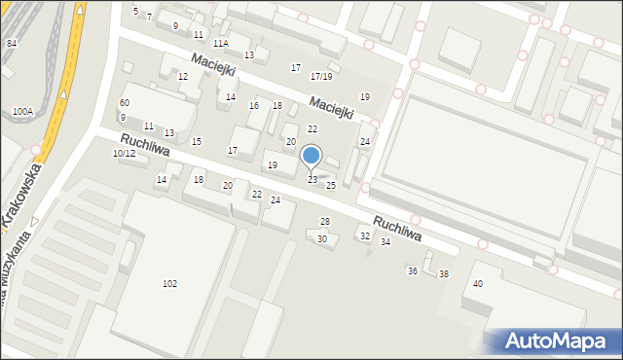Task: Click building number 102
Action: pyautogui.click(x=169, y=284)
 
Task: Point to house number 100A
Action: pyautogui.click(x=23, y=112)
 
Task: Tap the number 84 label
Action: pyautogui.click(x=12, y=44)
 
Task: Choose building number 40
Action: pyautogui.click(x=477, y=283)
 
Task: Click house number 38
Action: pyautogui.click(x=444, y=274)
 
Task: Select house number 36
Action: pyautogui.click(x=413, y=270)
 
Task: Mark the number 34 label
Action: pyautogui.click(x=385, y=241)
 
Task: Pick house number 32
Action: pyautogui.click(x=365, y=235)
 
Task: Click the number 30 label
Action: pyautogui.click(x=322, y=238)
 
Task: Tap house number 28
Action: pyautogui.click(x=325, y=222)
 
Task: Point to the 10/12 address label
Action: pyautogui.click(x=124, y=154)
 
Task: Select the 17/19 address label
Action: pyautogui.click(x=321, y=76)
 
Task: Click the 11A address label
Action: pyautogui.click(x=221, y=44)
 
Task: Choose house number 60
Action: pyautogui.click(x=124, y=103)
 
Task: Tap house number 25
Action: pyautogui.click(x=331, y=185)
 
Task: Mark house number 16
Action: pyautogui.click(x=254, y=106)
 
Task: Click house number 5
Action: pyautogui.click(x=135, y=11)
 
